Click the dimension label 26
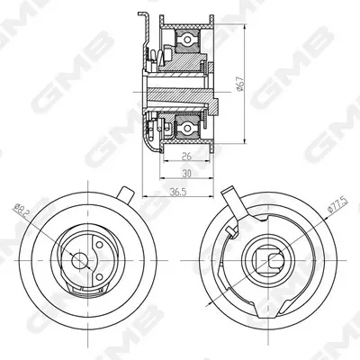[x=186, y=157]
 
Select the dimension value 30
[x=186, y=174]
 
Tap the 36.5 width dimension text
[x=178, y=193]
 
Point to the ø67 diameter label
[x=239, y=84]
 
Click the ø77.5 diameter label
[x=337, y=205]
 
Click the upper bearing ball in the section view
[x=187, y=40]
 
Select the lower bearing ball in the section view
[x=187, y=129]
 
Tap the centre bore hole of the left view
[x=79, y=260]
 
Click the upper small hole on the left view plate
[x=99, y=245]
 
